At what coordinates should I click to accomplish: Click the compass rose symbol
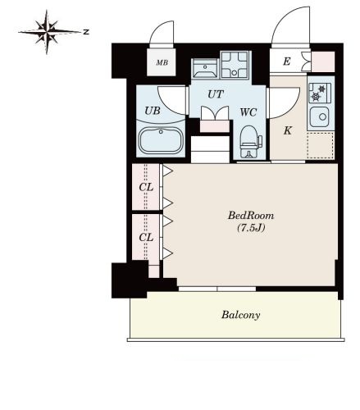pos(47,32)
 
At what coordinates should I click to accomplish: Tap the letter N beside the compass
pos(86,32)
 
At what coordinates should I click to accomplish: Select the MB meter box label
pos(162,62)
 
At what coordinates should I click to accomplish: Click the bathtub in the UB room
pos(161,141)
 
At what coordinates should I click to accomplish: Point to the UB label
pos(153,111)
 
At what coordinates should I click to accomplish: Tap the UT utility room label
pos(216,94)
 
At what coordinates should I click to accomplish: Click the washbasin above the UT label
pos(205,68)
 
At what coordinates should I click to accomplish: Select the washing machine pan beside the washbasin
pos(235,65)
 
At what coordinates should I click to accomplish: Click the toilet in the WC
pos(250,142)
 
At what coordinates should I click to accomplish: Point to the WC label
pos(248,112)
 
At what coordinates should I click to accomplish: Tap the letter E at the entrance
pos(286,61)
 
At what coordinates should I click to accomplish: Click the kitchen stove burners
pos(320,93)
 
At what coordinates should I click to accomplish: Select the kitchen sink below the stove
pos(320,116)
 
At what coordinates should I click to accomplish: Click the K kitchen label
pos(287,130)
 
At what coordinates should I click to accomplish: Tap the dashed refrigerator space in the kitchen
pos(320,145)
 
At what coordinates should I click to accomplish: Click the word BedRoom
pos(251,216)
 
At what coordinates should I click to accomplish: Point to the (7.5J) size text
pos(251,228)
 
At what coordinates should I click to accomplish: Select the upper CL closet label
pos(146,187)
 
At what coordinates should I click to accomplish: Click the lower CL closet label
pos(146,238)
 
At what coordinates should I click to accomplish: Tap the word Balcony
pos(241,315)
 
